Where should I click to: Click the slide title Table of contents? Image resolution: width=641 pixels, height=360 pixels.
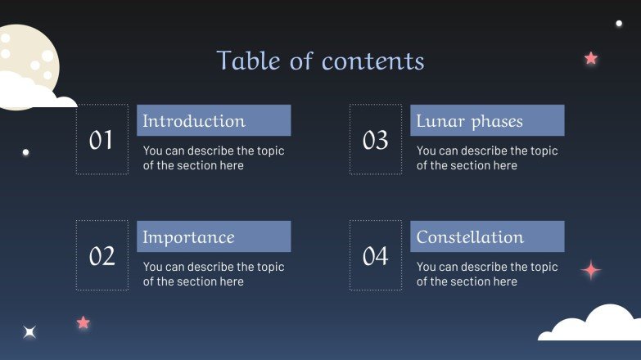tap(320, 61)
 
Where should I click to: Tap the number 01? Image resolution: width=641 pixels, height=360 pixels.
tap(102, 140)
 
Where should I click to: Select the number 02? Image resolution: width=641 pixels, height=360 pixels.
tap(102, 256)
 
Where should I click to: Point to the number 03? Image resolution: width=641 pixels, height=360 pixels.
tap(375, 140)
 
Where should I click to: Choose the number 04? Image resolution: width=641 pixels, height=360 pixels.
tap(375, 256)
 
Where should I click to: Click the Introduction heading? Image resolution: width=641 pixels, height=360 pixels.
tap(194, 121)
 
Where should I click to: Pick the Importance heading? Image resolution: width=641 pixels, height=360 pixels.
tap(188, 237)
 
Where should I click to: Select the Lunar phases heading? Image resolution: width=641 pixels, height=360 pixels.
tap(469, 121)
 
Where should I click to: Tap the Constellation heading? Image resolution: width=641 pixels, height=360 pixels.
tap(470, 237)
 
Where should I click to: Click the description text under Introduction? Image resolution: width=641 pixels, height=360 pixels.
tap(214, 158)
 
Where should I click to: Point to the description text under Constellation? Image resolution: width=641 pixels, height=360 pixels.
tap(487, 274)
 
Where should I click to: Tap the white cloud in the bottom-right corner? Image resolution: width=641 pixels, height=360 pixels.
tap(594, 326)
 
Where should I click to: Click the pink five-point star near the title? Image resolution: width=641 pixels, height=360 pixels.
tap(590, 58)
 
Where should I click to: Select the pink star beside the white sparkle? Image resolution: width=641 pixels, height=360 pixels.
tap(83, 322)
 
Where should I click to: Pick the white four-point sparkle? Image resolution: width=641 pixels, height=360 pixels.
tap(29, 331)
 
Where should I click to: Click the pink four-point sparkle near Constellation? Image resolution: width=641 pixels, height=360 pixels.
tap(590, 270)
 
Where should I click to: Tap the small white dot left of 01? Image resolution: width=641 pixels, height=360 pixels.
tap(26, 152)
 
